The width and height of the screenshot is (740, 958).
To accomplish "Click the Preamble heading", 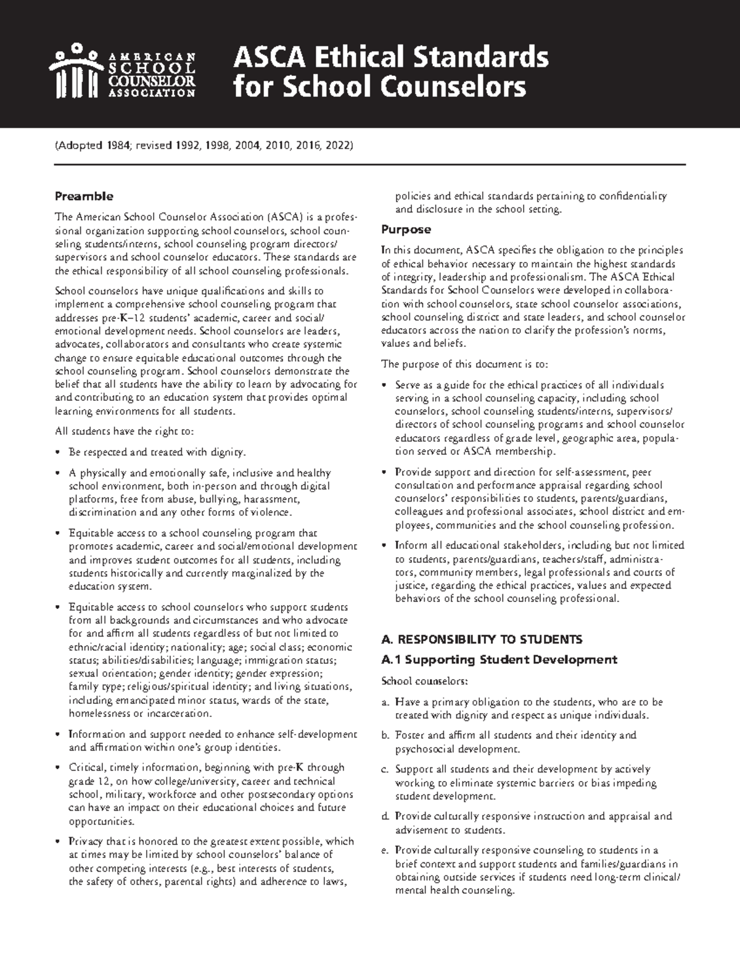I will [84, 196].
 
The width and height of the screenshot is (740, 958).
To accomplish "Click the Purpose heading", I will [406, 229].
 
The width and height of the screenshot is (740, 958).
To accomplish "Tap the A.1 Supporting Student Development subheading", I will [499, 659].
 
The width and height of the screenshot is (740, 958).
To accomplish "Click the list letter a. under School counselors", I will [385, 702].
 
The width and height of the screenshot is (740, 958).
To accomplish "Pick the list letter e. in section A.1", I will [385, 851].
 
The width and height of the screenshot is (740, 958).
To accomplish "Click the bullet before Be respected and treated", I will [58, 452].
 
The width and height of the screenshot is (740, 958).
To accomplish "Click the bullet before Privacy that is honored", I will [58, 841].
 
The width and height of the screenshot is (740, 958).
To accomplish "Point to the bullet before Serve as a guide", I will [385, 385].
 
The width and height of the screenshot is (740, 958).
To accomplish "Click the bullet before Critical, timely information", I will [58, 768].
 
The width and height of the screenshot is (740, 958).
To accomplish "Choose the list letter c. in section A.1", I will [385, 770].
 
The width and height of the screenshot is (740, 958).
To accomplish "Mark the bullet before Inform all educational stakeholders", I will [385, 546].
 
